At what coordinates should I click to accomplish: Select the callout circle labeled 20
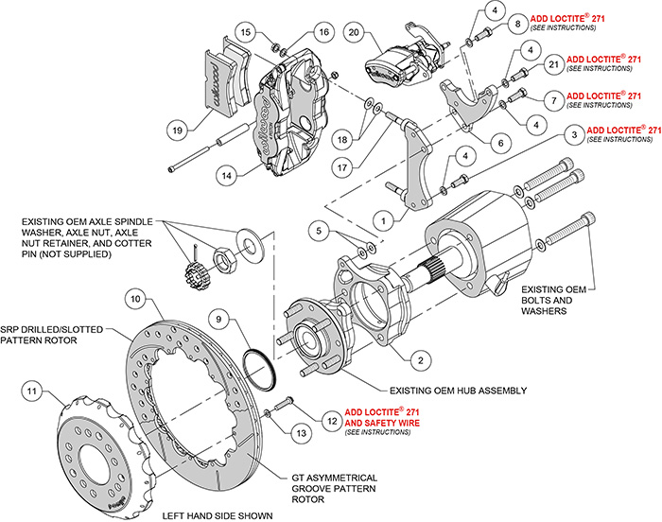point(353,33)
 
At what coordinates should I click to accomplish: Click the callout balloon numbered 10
point(136,300)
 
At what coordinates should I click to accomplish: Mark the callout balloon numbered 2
point(416,358)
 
